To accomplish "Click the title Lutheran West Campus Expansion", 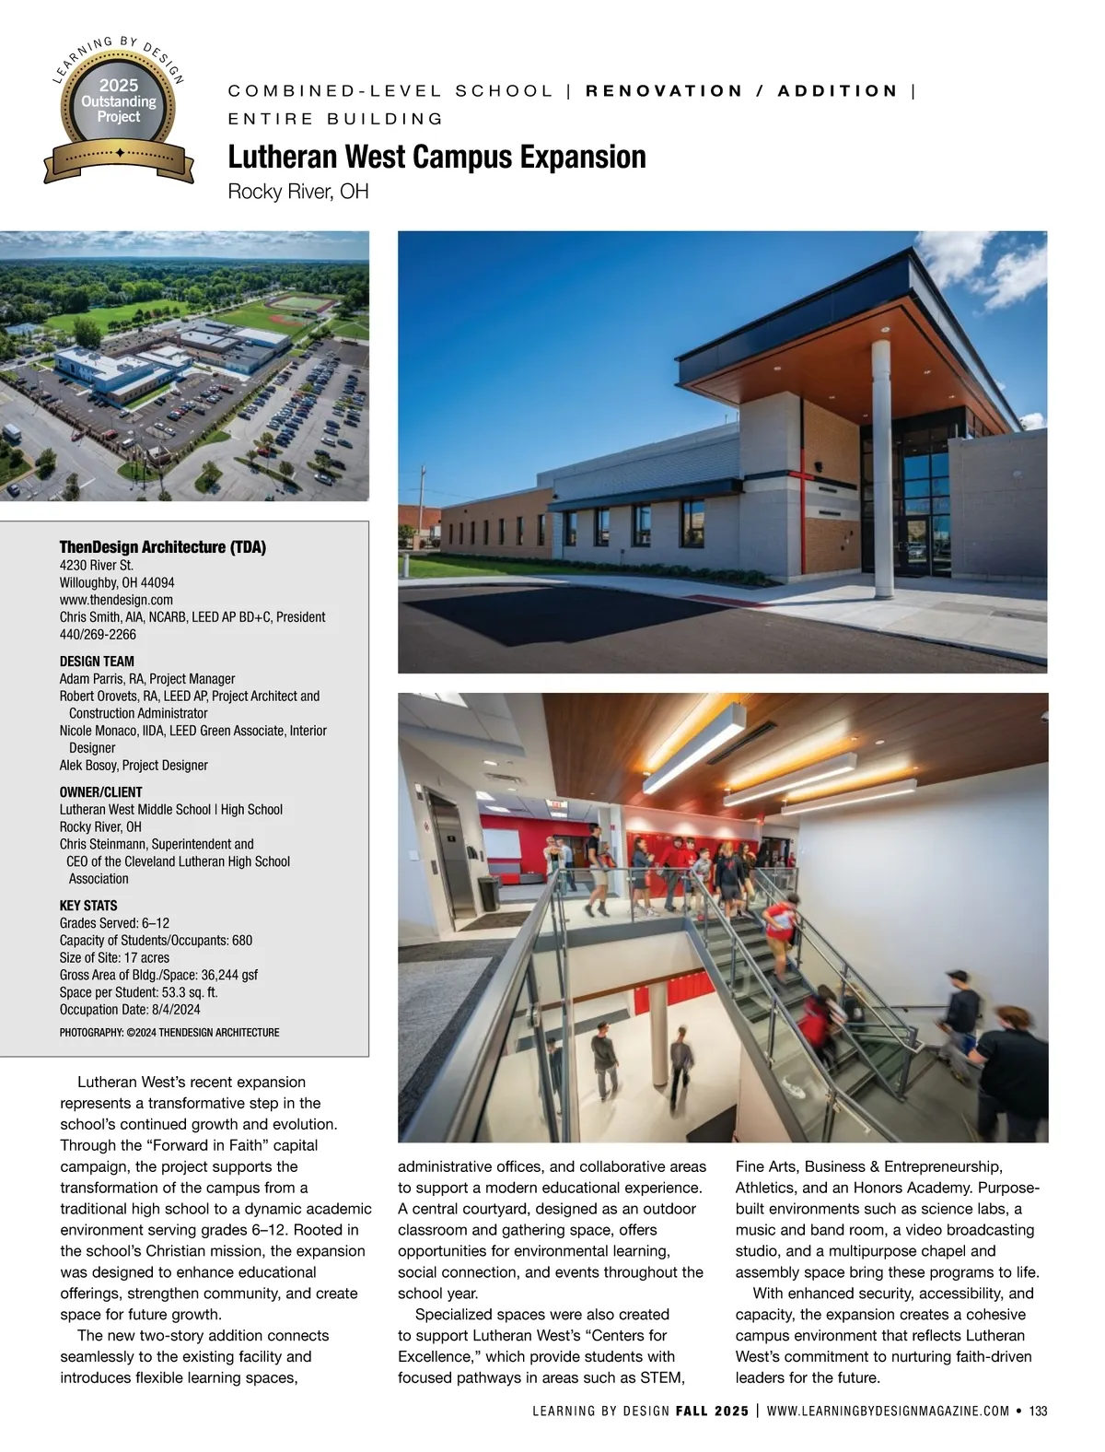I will [x=436, y=158].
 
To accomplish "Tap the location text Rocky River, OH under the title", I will [x=297, y=192].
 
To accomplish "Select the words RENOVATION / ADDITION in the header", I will [x=741, y=91].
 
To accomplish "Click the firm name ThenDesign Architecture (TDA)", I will [x=162, y=547].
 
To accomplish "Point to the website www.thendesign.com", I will [x=116, y=600].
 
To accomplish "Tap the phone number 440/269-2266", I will [x=98, y=635].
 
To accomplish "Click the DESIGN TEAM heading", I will [x=97, y=662].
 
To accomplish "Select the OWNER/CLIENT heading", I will [x=101, y=792].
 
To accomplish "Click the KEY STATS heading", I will [x=88, y=906].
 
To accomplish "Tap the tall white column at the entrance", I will [x=881, y=470].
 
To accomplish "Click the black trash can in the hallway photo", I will [x=488, y=892].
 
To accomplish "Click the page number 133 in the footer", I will [x=1039, y=1411].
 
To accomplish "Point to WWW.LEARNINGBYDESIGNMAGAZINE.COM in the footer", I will [x=888, y=1411].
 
